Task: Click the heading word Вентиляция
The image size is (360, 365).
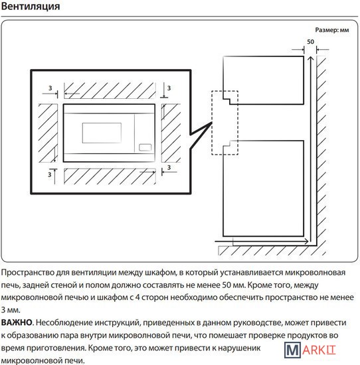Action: click(x=31, y=7)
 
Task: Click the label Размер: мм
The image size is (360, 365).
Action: click(x=332, y=30)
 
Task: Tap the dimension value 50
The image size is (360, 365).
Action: click(x=310, y=42)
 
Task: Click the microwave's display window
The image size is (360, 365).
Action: click(x=102, y=133)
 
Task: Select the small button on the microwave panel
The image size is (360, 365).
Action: click(x=145, y=147)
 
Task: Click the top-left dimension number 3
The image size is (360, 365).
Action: click(x=50, y=88)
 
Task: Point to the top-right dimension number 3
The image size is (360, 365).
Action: click(x=169, y=88)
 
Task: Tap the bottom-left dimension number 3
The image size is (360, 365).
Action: click(x=49, y=175)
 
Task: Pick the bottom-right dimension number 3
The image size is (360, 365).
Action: click(x=169, y=167)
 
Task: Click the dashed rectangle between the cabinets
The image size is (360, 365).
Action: click(x=212, y=123)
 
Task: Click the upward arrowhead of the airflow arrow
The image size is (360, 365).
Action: click(x=310, y=58)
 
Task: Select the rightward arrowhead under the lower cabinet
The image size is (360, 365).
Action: click(x=306, y=242)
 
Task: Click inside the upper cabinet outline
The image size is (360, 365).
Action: click(x=263, y=80)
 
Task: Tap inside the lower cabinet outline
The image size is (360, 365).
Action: click(x=263, y=188)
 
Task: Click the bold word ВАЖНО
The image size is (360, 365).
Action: click(x=17, y=323)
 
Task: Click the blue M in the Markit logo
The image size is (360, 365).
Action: click(x=293, y=350)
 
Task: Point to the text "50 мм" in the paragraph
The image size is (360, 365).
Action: click(x=234, y=285)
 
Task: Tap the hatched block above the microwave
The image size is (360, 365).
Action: click(x=110, y=90)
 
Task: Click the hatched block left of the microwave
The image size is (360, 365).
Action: click(x=48, y=133)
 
